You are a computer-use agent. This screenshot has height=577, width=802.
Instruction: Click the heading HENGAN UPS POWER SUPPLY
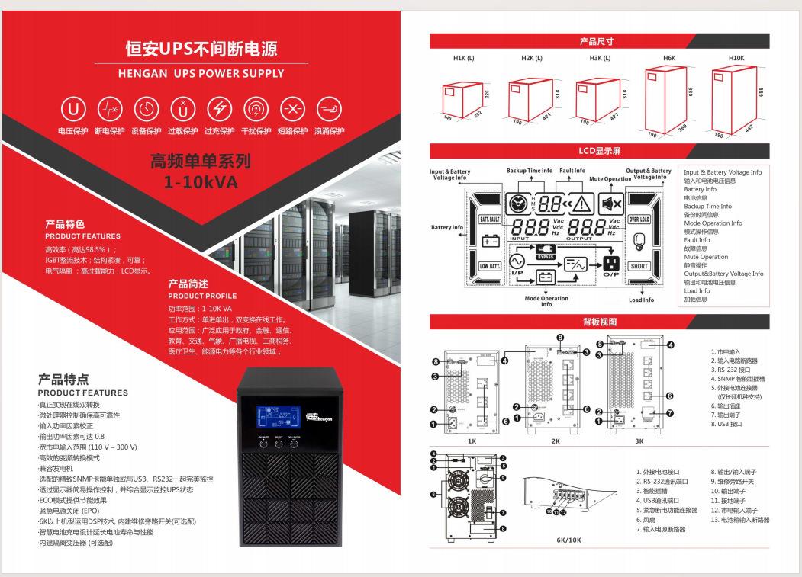tap(201, 74)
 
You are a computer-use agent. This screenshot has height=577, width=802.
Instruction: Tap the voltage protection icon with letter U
tap(74, 109)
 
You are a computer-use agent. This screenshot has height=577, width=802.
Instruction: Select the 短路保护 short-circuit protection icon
tap(292, 109)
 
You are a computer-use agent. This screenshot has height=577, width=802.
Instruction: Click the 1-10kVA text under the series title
tap(201, 182)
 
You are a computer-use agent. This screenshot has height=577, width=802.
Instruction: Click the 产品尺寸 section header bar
tap(596, 41)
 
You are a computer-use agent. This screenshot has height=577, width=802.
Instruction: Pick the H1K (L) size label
tap(464, 59)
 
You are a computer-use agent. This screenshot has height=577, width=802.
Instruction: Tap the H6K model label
tap(669, 59)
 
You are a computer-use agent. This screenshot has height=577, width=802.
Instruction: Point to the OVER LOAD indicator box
tap(638, 220)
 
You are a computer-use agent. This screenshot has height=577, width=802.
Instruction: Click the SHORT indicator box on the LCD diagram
tap(638, 266)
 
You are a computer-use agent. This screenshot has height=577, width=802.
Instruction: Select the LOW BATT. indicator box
tap(489, 266)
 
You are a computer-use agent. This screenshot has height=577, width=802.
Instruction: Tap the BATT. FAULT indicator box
tap(489, 220)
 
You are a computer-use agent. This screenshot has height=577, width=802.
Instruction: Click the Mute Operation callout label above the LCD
tap(610, 179)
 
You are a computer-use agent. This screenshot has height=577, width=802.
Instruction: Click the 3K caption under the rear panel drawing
tap(639, 441)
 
